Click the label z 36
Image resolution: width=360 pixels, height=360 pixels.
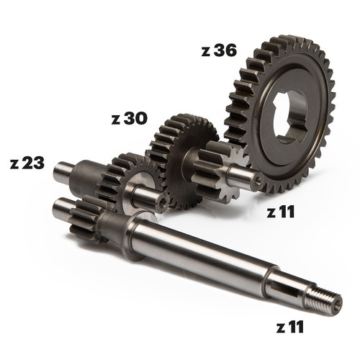[219, 51]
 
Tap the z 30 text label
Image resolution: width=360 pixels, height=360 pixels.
[129, 119]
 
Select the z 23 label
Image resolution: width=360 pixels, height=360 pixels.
[27, 163]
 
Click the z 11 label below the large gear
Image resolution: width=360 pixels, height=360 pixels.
[281, 212]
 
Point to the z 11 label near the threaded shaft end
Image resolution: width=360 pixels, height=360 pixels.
[290, 328]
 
